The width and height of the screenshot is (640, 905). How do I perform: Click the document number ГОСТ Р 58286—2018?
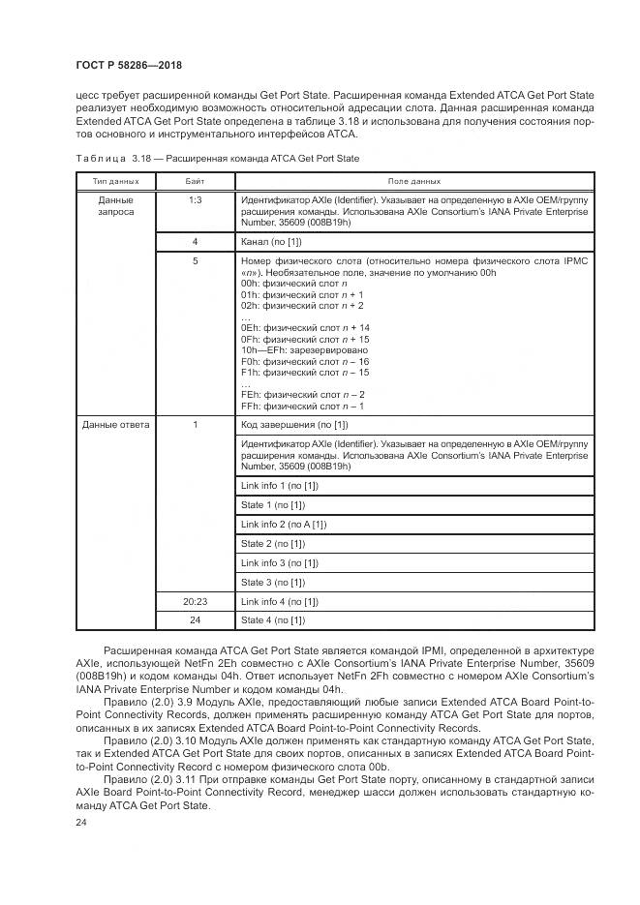[x=128, y=65]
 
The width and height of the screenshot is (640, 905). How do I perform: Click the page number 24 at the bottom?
[x=81, y=822]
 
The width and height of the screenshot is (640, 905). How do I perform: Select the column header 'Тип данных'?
[x=115, y=181]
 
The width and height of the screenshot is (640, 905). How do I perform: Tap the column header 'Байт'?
[x=195, y=181]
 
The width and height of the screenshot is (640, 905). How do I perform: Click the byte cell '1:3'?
[x=195, y=199]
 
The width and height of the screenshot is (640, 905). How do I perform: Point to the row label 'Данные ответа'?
[x=115, y=425]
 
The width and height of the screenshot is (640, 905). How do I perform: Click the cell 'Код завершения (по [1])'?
[x=294, y=425]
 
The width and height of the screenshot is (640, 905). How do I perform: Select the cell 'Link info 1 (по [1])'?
[x=279, y=484]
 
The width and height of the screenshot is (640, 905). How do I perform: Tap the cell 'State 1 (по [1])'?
[x=273, y=504]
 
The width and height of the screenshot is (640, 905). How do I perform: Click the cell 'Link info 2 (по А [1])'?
[x=284, y=524]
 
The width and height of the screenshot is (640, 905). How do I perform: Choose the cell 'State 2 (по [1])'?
[x=273, y=543]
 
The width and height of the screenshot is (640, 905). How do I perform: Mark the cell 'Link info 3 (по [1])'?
[x=279, y=562]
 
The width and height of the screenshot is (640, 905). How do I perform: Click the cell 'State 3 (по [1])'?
[x=273, y=582]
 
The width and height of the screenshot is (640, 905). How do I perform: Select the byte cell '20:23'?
[x=195, y=601]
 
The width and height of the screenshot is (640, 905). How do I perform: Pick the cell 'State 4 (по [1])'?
[x=273, y=619]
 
